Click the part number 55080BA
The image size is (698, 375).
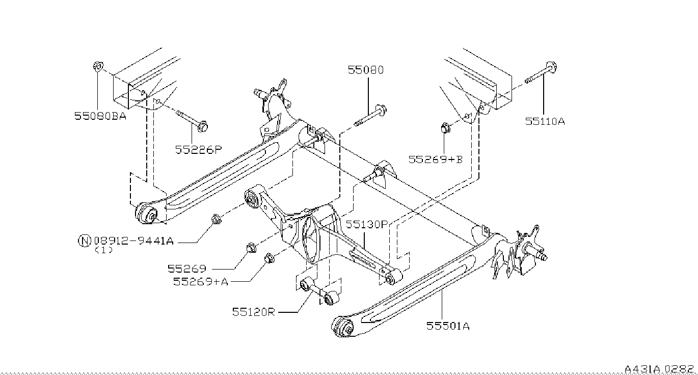100,116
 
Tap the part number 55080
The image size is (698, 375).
366,70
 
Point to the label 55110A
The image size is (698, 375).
545,121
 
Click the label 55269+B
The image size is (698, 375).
435,159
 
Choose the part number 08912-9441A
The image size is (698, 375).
134,240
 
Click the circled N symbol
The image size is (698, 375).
85,240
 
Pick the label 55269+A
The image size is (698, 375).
200,281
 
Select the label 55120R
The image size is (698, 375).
253,311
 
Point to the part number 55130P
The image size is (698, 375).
367,224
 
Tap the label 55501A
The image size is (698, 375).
448,326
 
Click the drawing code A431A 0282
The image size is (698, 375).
659,368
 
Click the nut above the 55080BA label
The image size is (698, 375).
98,66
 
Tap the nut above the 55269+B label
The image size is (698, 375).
445,128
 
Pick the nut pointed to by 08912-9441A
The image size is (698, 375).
216,220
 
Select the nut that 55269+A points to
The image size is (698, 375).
269,258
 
